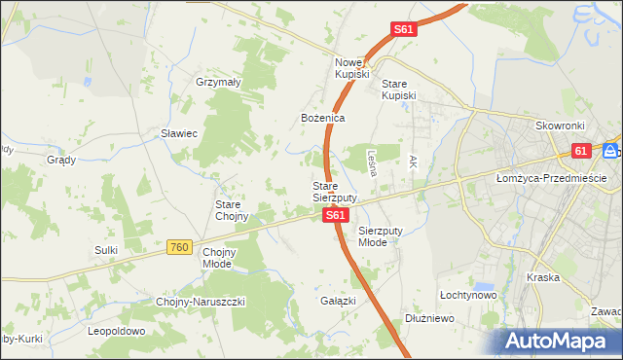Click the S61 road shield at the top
click(405, 30)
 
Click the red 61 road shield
click(581, 151)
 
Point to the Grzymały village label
click(218, 83)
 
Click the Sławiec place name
click(180, 133)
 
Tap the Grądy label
click(61, 159)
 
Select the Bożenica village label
click(322, 118)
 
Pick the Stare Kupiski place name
click(399, 90)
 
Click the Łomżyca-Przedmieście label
click(551, 178)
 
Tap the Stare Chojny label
click(234, 210)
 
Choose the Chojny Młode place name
click(219, 257)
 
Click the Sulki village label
click(106, 250)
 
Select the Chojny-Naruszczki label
click(201, 302)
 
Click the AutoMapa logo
click(559, 342)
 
